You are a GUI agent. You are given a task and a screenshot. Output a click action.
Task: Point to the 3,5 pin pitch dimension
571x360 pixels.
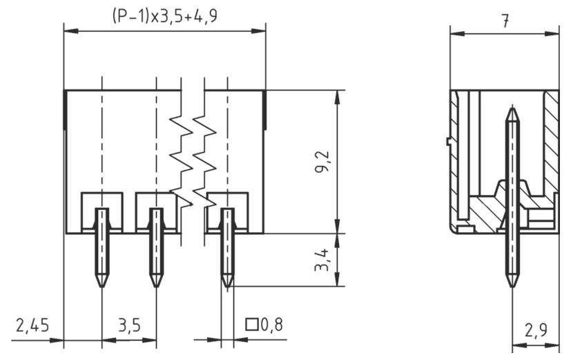(x=129, y=324)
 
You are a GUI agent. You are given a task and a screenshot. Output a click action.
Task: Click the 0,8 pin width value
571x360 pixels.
(x=271, y=324)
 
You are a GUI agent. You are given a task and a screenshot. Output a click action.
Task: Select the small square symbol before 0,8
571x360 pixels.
(x=252, y=324)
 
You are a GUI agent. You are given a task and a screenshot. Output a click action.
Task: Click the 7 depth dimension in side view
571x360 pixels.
(x=505, y=21)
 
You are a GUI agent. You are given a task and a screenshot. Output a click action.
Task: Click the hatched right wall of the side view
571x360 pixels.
(x=551, y=145)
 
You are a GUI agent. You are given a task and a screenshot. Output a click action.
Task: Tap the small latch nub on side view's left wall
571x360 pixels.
(x=448, y=142)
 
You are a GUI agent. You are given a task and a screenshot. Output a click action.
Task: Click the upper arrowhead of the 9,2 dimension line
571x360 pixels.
(x=337, y=95)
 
